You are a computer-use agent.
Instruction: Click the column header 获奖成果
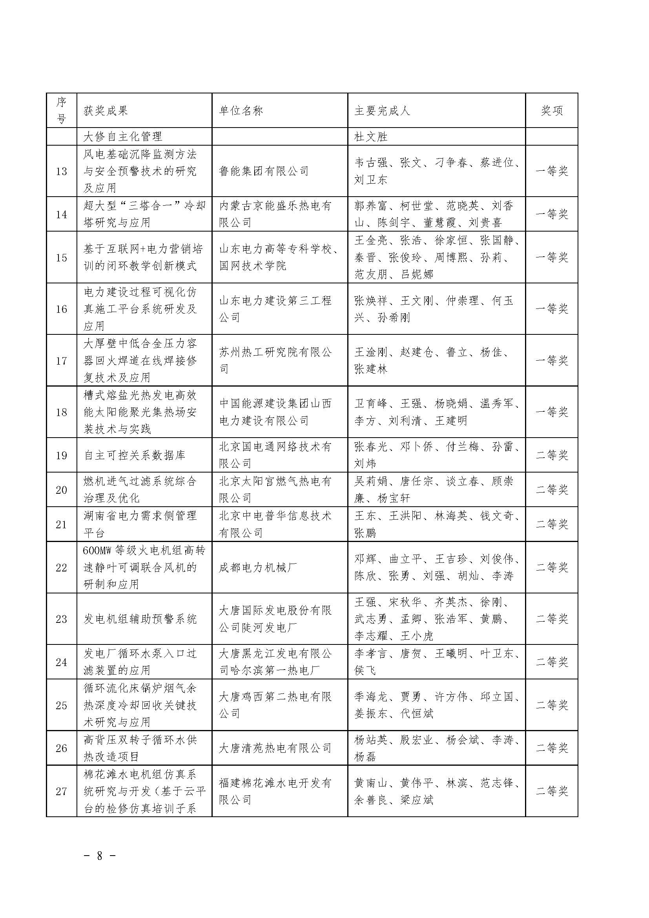point(106,111)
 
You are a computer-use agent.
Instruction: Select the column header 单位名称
point(241,111)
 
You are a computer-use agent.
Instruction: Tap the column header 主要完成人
point(382,111)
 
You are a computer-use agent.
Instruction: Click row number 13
point(61,172)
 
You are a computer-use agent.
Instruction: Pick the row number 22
point(61,568)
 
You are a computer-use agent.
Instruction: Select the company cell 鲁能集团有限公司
point(264,172)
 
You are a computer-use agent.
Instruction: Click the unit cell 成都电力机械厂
point(258,568)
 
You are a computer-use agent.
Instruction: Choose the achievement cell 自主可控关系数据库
point(134,455)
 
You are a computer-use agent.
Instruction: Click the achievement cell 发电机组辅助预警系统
point(140,619)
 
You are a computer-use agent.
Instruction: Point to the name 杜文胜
point(371,137)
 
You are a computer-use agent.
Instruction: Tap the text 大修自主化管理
point(123,137)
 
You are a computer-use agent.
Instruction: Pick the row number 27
point(61,791)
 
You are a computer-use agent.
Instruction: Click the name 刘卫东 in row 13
point(371,180)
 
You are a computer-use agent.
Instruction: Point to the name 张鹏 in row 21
point(365,533)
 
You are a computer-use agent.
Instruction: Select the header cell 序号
point(61,111)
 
